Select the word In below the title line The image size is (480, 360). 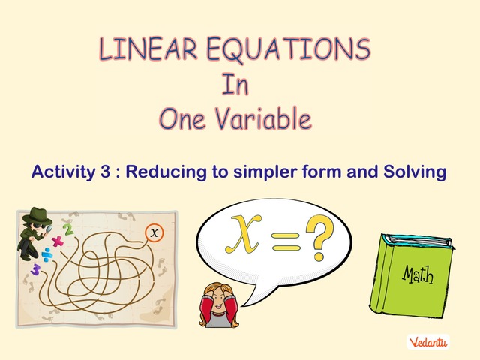click(x=234, y=84)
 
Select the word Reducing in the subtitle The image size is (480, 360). click(x=162, y=172)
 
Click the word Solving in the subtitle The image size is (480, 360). click(x=415, y=172)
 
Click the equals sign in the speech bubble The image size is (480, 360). click(x=284, y=242)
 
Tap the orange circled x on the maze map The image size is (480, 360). click(x=154, y=233)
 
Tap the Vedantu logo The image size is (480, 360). click(x=429, y=342)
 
